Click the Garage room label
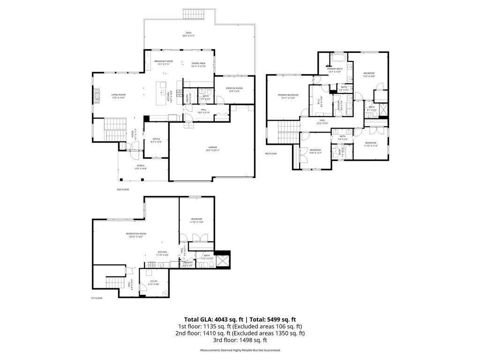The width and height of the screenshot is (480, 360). pos(213,148)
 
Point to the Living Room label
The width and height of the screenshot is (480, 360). pos(118,96)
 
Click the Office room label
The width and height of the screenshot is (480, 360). pos(157,140)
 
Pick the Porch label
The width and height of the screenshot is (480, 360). pos(141,167)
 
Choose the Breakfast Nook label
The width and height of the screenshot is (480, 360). pos(164,62)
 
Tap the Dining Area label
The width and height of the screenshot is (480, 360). pos(198,64)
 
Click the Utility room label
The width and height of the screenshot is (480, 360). pos(154,282)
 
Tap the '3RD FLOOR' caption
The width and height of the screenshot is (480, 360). pos(271,154)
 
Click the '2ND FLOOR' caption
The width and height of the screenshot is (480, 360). pos(123,189)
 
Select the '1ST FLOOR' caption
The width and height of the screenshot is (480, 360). pos(97,298)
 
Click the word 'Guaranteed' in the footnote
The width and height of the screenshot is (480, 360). pos(270,350)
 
